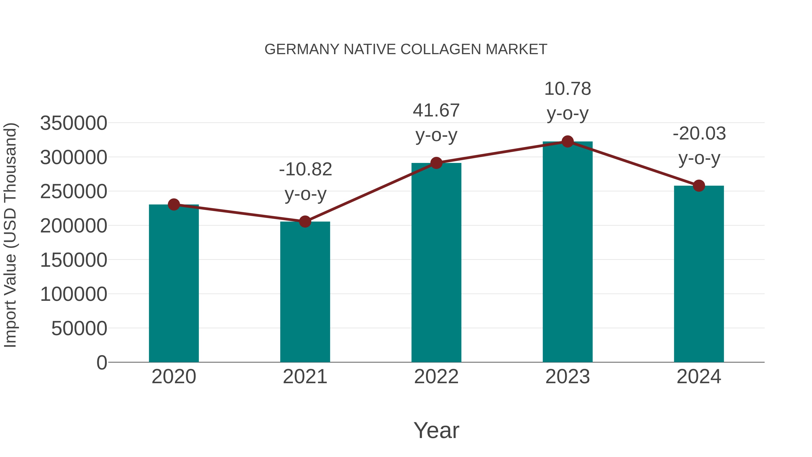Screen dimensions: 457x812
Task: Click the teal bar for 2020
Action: click(x=174, y=284)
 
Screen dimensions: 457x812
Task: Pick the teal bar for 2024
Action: click(x=699, y=274)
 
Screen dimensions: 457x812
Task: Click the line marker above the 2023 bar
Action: click(x=567, y=142)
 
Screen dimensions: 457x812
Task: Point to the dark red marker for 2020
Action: click(x=174, y=205)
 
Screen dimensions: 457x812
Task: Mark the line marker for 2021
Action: click(x=305, y=222)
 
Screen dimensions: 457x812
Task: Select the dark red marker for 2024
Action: click(x=699, y=186)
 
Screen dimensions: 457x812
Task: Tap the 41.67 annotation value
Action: click(x=436, y=111)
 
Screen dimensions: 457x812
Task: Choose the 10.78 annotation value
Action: click(x=567, y=89)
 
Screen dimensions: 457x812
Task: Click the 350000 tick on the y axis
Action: click(x=74, y=123)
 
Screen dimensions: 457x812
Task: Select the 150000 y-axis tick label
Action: click(x=74, y=260)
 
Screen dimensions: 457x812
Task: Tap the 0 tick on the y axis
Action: click(x=101, y=362)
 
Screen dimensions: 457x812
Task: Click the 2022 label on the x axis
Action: click(x=436, y=377)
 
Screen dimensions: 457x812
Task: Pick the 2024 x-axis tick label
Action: click(x=699, y=377)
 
